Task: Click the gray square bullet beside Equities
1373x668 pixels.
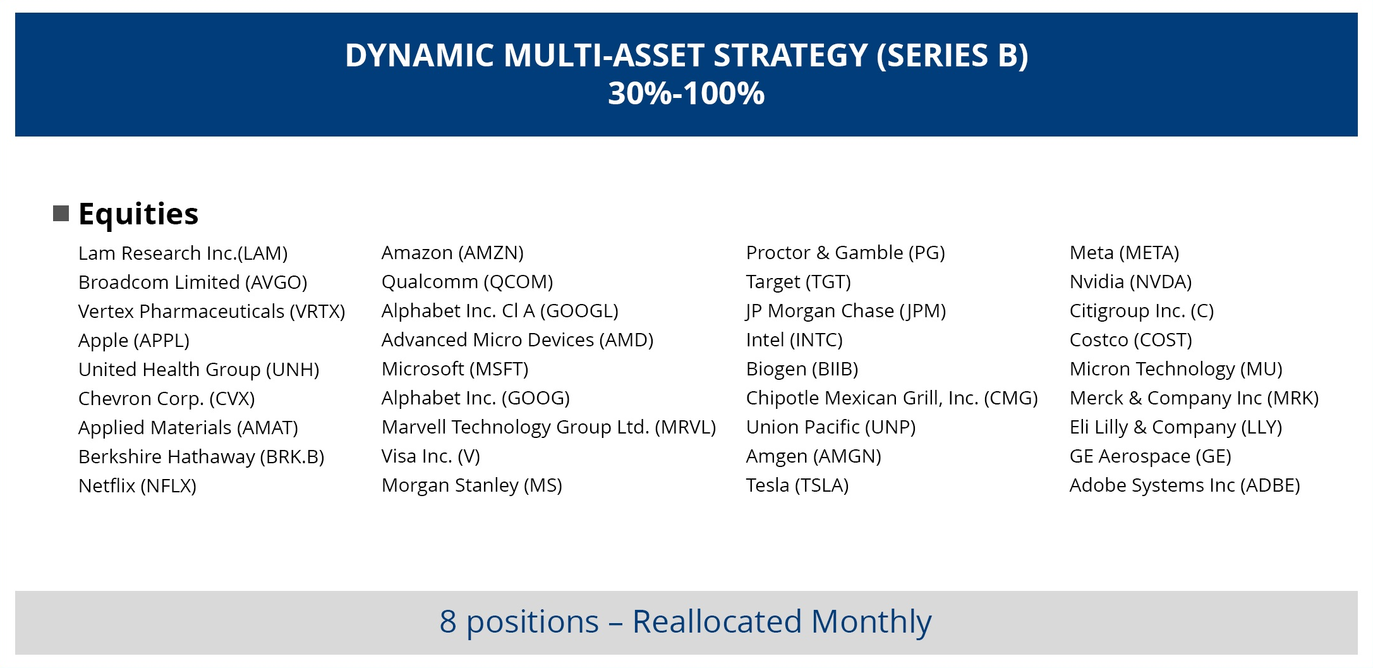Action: [61, 214]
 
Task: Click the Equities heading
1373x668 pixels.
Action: [138, 214]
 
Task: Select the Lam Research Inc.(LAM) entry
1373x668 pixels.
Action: [183, 253]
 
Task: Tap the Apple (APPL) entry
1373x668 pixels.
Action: [134, 341]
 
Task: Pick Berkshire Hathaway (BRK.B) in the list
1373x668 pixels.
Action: [202, 457]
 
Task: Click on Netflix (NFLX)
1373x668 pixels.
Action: [138, 486]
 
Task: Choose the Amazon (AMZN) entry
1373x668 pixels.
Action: [453, 253]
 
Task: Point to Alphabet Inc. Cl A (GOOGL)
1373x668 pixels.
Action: [500, 311]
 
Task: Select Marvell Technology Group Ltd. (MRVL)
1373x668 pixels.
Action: [549, 427]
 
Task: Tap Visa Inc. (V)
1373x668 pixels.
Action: [431, 456]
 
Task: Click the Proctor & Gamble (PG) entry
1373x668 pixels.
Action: [846, 253]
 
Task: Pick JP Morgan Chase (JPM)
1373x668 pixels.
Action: [846, 311]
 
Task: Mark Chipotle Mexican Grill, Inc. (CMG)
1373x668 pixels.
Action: [892, 398]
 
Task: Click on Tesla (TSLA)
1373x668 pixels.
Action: [797, 485]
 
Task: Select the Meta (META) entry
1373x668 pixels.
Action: [1125, 253]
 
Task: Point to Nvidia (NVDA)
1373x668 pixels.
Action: [1131, 282]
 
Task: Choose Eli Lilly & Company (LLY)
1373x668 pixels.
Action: [1176, 427]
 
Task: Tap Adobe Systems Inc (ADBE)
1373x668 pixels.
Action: [1185, 485]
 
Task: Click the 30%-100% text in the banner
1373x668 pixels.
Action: [686, 94]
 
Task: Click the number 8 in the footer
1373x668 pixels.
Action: [448, 622]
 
